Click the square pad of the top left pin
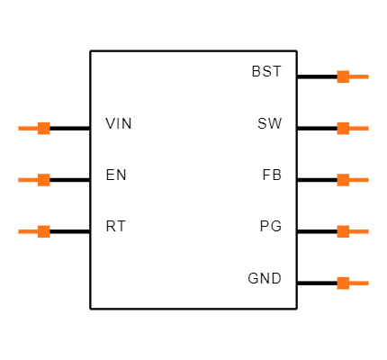tap(43, 128)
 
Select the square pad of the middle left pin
tap(43, 180)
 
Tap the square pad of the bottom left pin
tap(43, 231)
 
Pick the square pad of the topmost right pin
tap(343, 76)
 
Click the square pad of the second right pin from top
tap(343, 128)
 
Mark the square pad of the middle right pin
tap(343, 180)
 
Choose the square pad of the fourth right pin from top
tap(343, 231)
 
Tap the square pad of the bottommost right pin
tap(343, 283)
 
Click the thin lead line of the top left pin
tap(27, 128)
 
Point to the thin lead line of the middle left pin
tap(27, 180)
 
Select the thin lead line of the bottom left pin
tap(27, 231)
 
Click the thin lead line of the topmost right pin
tap(359, 76)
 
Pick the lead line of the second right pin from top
tap(359, 128)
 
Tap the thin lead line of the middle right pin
tap(359, 180)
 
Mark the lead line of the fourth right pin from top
tap(359, 231)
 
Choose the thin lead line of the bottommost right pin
tap(359, 283)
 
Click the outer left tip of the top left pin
tap(19, 128)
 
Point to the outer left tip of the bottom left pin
tap(19, 231)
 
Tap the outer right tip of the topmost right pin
tap(367, 76)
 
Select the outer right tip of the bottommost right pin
tap(367, 283)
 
